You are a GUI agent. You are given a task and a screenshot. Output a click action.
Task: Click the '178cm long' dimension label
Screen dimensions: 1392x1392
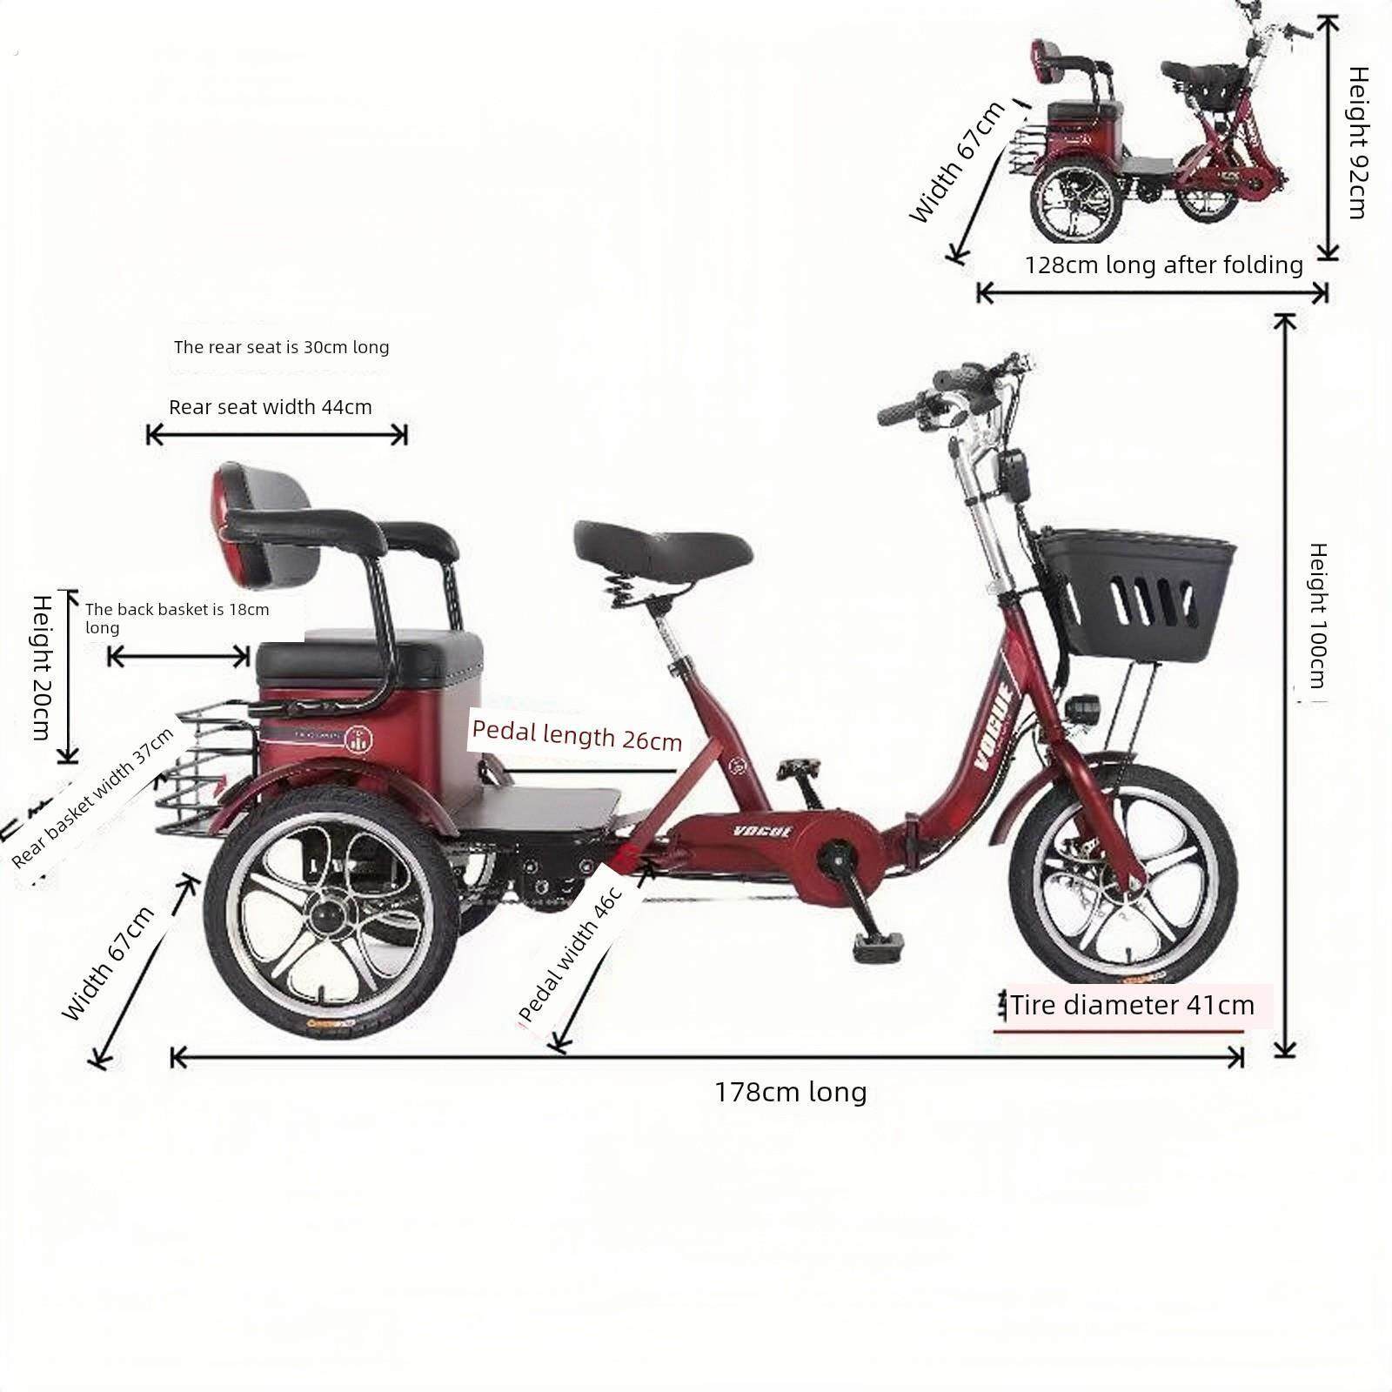(791, 1092)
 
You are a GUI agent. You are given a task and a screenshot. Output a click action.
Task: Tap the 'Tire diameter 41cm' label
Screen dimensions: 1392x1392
(1132, 1006)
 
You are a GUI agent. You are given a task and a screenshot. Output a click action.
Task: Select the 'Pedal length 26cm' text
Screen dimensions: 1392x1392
(576, 735)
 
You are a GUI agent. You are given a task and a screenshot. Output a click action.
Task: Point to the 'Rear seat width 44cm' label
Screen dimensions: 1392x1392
(271, 407)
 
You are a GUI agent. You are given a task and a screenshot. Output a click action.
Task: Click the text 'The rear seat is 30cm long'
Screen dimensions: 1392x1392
(281, 347)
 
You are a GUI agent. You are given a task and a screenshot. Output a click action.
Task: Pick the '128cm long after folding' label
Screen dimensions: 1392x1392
(1163, 265)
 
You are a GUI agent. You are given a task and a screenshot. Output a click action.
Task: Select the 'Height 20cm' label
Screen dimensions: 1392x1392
(41, 666)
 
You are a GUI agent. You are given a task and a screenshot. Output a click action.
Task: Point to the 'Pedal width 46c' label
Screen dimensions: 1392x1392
(571, 954)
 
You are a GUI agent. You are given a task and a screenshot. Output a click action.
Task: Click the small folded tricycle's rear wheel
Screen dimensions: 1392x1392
(1076, 204)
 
